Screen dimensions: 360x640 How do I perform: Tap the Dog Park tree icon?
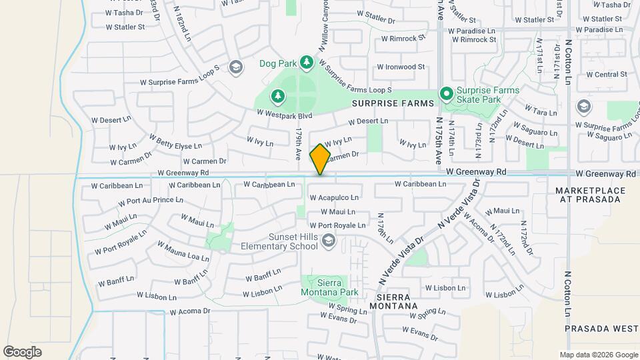click(x=306, y=62)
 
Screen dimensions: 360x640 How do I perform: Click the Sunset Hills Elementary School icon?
click(x=327, y=241)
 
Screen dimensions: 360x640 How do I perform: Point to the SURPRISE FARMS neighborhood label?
click(x=393, y=103)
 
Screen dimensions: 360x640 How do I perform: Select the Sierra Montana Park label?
click(x=330, y=287)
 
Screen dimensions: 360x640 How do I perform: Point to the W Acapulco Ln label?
click(x=334, y=198)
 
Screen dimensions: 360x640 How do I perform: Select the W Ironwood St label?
click(x=400, y=67)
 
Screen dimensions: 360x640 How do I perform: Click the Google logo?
click(x=22, y=352)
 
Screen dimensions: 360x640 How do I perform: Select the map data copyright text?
click(x=598, y=355)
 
